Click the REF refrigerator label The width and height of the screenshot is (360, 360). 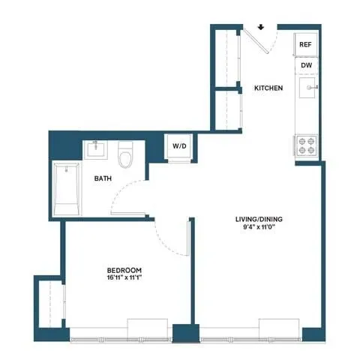[305, 44]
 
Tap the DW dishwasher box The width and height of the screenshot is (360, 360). [306, 65]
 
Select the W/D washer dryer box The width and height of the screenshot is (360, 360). [180, 145]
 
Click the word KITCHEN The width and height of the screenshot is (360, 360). [268, 88]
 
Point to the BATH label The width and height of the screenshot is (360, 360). [104, 179]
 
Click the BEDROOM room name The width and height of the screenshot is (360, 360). [124, 270]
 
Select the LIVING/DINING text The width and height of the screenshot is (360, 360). [259, 219]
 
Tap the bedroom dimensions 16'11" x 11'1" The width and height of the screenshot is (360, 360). [124, 279]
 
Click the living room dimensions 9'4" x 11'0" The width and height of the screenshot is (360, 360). [259, 229]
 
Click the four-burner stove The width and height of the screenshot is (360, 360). [306, 144]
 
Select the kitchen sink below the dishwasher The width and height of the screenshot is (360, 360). [307, 90]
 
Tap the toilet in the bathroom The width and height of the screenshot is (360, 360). [126, 155]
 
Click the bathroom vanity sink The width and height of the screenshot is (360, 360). [96, 149]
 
